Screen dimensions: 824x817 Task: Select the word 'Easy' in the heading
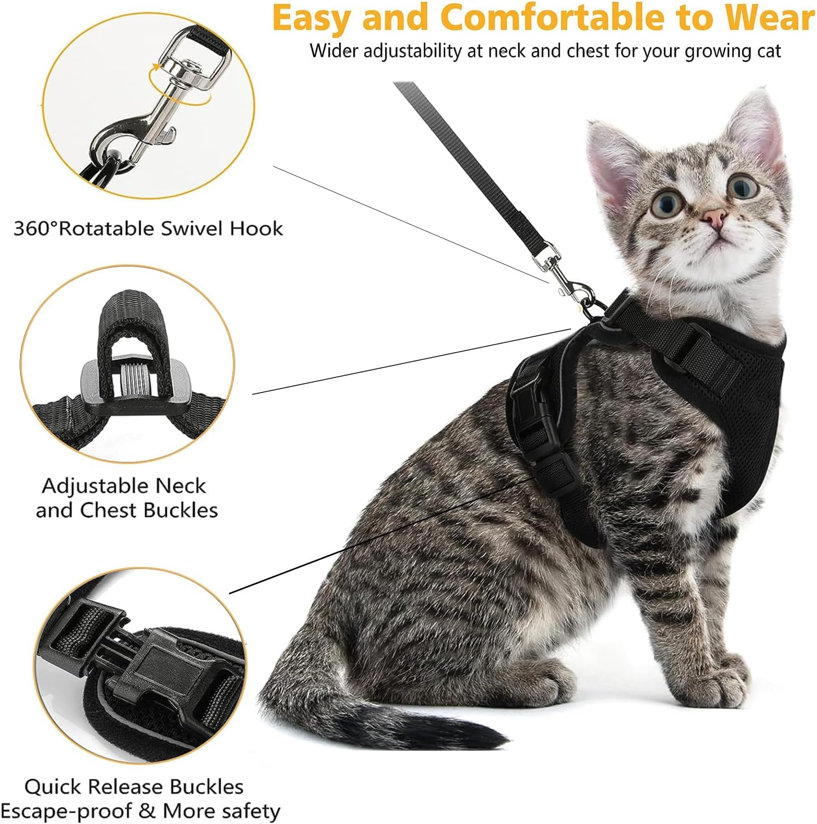pyautogui.click(x=313, y=18)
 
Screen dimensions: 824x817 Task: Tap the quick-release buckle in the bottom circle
pyautogui.click(x=155, y=669)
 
